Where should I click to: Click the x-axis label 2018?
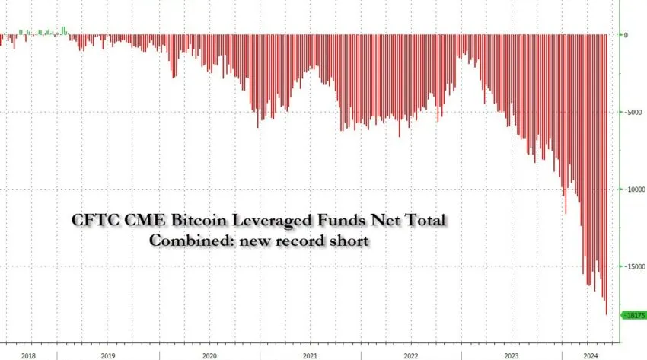click(28, 355)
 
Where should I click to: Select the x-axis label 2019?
click(108, 355)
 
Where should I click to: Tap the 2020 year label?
click(209, 355)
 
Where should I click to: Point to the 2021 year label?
click(310, 355)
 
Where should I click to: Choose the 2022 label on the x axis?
click(410, 355)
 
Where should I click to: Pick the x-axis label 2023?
click(512, 355)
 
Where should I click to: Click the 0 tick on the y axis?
click(626, 35)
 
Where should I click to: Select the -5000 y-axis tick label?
click(632, 112)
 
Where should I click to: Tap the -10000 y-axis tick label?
click(633, 190)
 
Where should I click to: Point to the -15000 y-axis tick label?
click(633, 266)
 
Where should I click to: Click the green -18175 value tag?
click(634, 314)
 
